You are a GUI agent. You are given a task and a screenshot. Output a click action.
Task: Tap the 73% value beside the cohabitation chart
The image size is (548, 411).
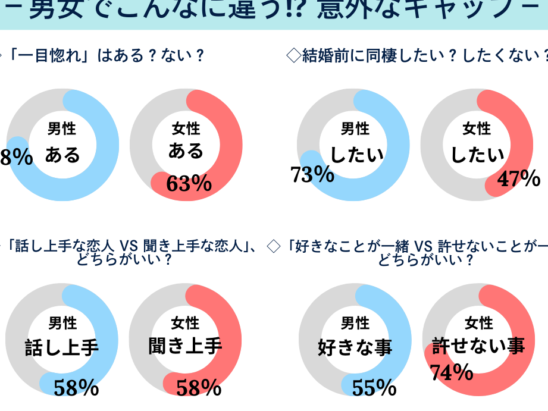(x=312, y=174)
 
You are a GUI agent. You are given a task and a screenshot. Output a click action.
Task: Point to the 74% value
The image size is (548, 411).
(x=452, y=372)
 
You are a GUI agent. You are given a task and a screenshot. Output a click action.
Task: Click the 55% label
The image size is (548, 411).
(x=374, y=388)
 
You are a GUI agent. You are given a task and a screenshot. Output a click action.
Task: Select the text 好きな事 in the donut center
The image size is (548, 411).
(x=355, y=347)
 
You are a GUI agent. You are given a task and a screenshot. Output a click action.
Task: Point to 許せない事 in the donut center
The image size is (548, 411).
(x=478, y=347)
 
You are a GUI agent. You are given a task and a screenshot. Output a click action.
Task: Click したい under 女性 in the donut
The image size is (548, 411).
(x=477, y=155)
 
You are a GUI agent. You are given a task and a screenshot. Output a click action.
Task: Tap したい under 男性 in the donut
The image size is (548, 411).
(x=356, y=155)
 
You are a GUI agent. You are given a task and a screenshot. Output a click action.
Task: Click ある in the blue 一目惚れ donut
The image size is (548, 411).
(x=62, y=155)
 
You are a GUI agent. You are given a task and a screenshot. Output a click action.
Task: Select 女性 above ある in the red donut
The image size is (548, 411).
(x=186, y=128)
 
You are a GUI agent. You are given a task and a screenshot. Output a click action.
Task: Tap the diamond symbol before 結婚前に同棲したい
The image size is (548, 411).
(x=293, y=56)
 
